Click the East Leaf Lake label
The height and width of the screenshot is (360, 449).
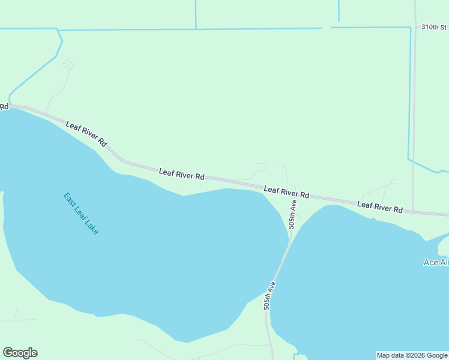(81, 213)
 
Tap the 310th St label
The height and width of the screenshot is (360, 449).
(434, 27)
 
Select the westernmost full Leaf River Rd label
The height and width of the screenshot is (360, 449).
(86, 134)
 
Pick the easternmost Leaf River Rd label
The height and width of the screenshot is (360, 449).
(379, 208)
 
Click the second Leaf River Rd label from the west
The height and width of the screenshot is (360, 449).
(182, 175)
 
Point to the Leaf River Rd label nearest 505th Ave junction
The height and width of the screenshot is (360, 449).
(286, 192)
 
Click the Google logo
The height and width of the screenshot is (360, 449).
(20, 353)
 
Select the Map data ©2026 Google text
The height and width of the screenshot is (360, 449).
(412, 355)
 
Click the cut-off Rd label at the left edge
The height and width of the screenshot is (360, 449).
(4, 106)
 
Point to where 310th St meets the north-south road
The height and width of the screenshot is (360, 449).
(415, 27)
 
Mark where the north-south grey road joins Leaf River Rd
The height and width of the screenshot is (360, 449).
(414, 211)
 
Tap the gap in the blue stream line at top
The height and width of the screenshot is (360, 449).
(326, 27)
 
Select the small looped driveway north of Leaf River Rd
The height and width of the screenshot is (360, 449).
(261, 166)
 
